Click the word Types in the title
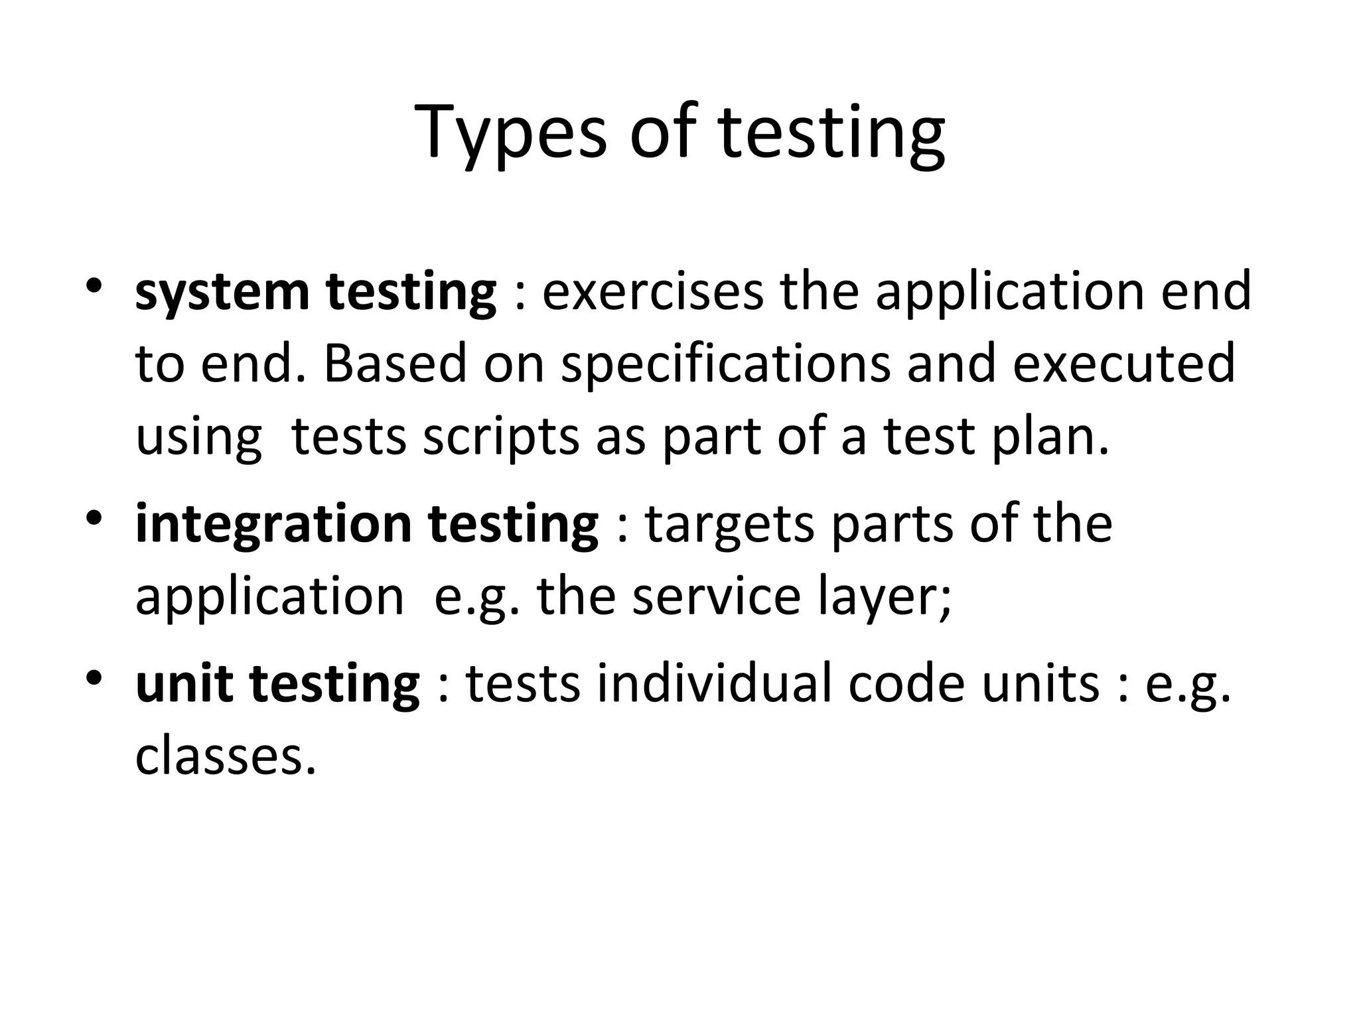coord(510,133)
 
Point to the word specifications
coord(725,365)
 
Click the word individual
coord(714,685)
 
